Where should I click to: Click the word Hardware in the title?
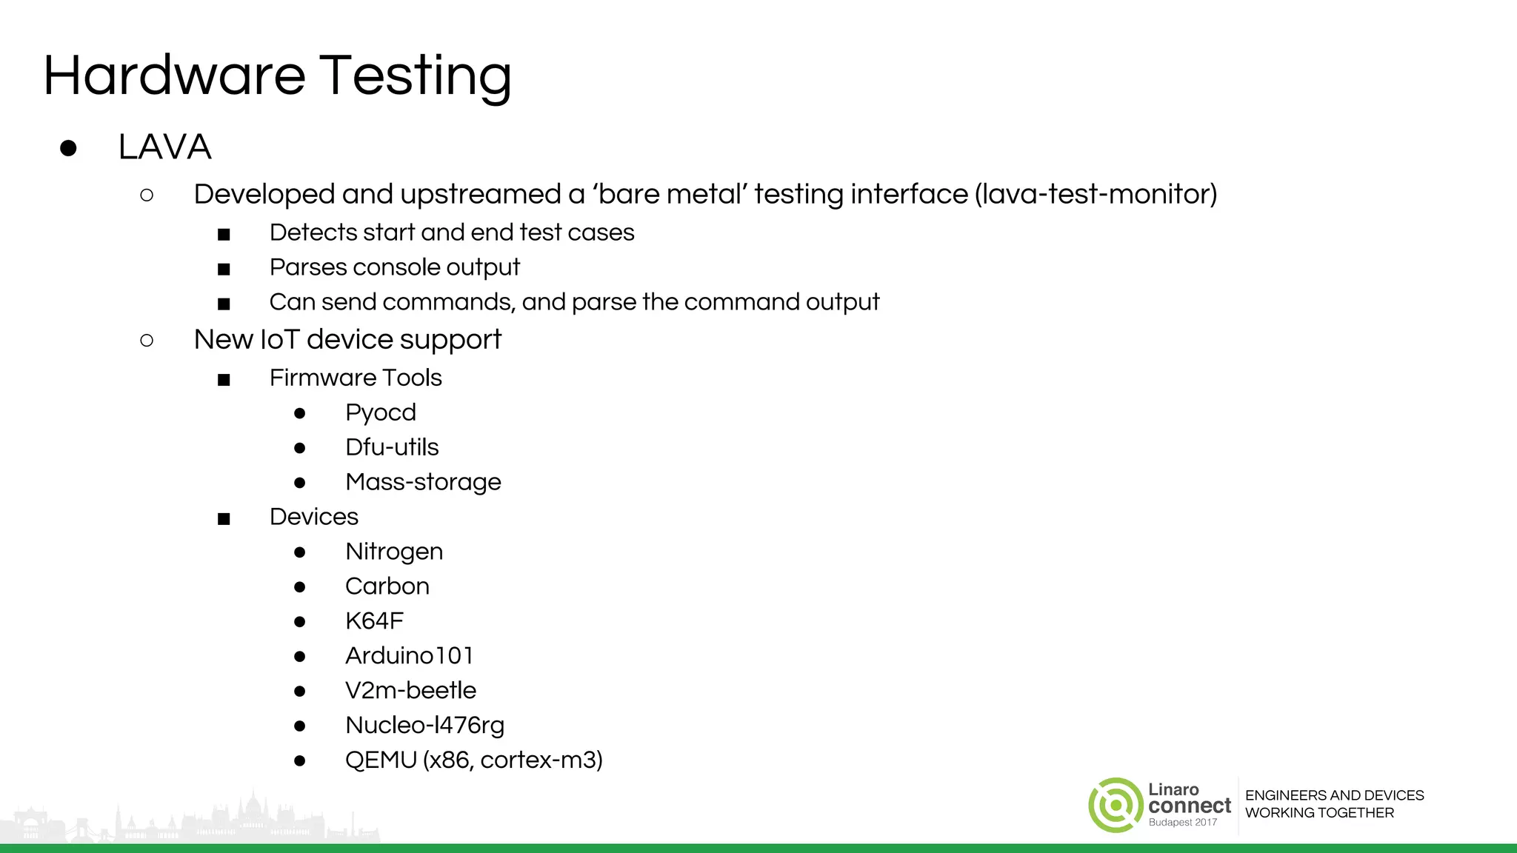tap(174, 76)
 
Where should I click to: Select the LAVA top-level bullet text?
tap(164, 147)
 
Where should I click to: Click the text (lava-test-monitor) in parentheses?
tap(1096, 194)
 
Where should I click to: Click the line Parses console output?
tap(394, 267)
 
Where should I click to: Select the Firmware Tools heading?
tap(356, 378)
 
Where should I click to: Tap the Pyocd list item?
tap(380, 412)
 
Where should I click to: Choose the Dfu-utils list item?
tap(391, 447)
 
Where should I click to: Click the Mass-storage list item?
tap(423, 482)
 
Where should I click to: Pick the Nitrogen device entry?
tap(393, 552)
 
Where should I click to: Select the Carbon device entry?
tap(387, 586)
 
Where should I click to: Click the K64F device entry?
tap(374, 621)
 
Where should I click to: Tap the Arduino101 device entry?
tap(409, 656)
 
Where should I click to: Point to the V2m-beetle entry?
tap(410, 691)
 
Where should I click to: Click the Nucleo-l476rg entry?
tap(424, 726)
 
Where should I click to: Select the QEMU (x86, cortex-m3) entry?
tap(473, 760)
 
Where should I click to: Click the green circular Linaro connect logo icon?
tap(1116, 805)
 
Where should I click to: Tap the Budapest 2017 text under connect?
tap(1182, 823)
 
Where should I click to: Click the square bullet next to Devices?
tap(224, 519)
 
